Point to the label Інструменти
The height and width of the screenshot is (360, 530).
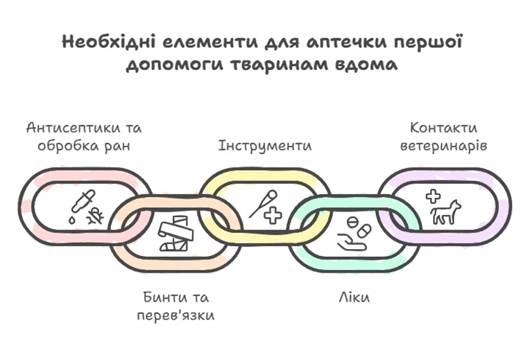point(264,146)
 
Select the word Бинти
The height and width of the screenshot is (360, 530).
point(160,298)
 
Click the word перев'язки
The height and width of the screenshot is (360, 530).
point(175,316)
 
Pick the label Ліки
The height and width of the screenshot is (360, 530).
point(354,298)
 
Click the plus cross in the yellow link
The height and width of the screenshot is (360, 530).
point(273,216)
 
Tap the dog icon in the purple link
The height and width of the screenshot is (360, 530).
point(445,213)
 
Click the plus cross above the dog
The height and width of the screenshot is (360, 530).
point(433,196)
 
